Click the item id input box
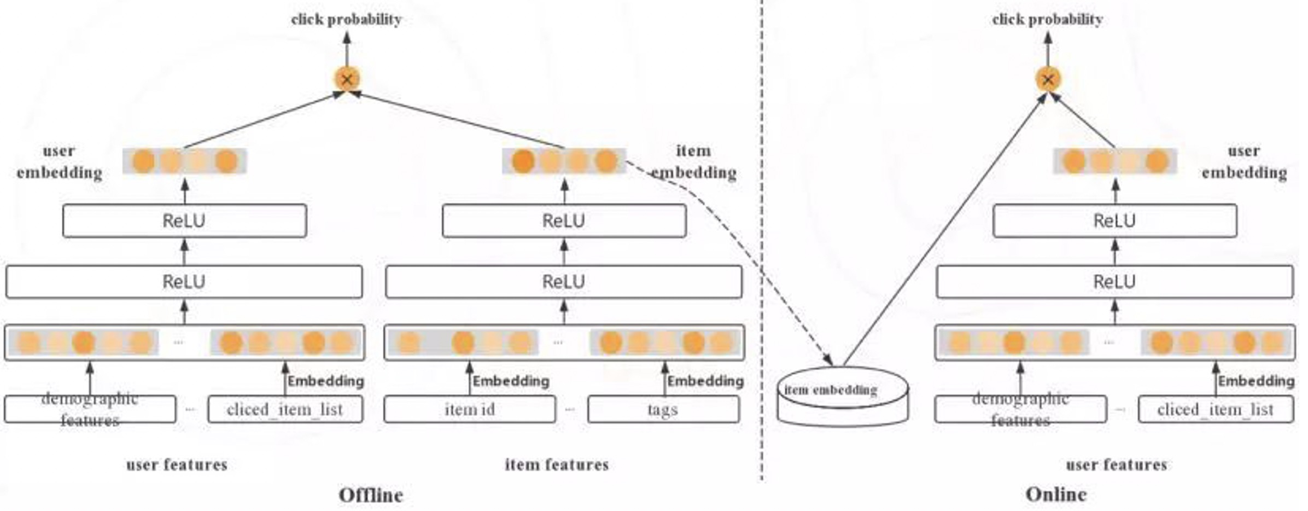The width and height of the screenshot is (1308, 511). click(470, 409)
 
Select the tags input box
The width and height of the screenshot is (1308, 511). click(663, 409)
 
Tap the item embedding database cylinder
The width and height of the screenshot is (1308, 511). click(843, 397)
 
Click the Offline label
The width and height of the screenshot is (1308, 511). click(371, 495)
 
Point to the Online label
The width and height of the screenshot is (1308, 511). click(1056, 495)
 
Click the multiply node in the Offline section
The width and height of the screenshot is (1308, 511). click(347, 79)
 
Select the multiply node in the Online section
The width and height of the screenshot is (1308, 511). click(1048, 79)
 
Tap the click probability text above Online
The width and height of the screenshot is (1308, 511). click(1047, 20)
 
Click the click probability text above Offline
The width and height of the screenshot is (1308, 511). click(346, 20)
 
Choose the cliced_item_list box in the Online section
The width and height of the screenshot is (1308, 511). click(1216, 409)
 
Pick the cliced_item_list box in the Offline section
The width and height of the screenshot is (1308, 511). click(285, 409)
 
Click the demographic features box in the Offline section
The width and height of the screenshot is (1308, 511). click(90, 409)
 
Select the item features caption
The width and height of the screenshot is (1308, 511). click(557, 465)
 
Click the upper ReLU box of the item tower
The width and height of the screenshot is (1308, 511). click(564, 221)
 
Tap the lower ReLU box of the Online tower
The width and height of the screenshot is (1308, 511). click(1114, 282)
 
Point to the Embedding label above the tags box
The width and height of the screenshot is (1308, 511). click(705, 381)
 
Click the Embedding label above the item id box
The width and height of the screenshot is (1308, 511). click(511, 381)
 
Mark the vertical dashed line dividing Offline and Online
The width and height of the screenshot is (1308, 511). click(762, 241)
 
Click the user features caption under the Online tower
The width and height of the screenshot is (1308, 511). click(1116, 465)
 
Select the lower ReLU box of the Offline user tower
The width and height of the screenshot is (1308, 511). click(184, 282)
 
